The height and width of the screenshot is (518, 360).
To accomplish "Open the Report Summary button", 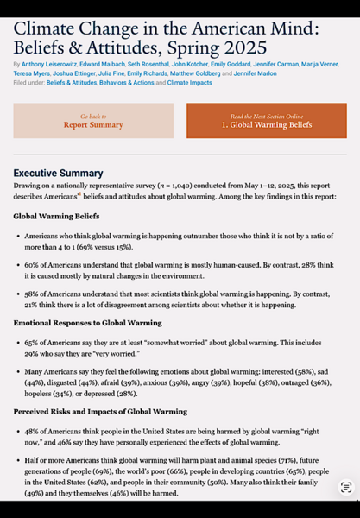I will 93,125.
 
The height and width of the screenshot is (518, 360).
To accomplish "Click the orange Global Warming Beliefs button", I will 266,125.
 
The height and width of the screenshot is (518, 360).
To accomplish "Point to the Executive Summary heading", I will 58,174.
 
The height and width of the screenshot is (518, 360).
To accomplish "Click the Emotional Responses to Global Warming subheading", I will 87,323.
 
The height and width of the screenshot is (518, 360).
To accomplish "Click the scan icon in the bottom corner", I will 345,488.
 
